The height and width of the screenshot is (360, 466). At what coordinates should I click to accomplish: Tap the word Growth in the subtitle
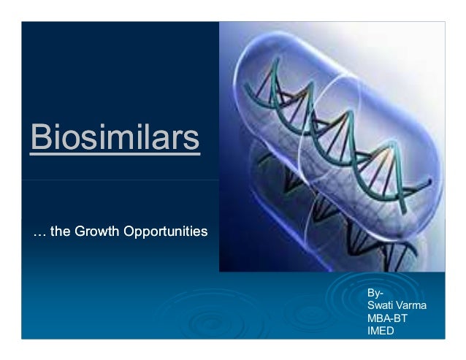click(97, 233)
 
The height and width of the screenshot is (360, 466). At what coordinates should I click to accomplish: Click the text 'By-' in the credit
click(375, 294)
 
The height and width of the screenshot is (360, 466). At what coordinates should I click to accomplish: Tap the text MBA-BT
click(388, 318)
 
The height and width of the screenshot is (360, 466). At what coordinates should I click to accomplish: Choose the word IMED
click(381, 331)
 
